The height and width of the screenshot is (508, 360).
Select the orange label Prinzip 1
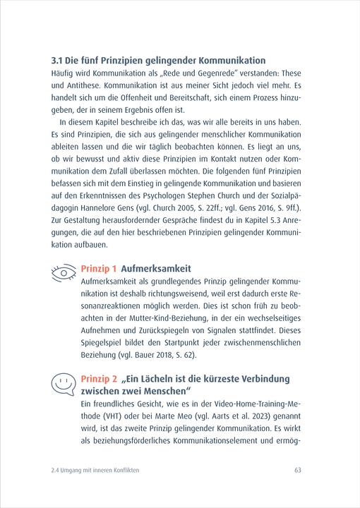coord(99,269)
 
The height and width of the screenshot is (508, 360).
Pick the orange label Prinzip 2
coord(99,378)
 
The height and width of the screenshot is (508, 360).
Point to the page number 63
coord(298,469)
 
